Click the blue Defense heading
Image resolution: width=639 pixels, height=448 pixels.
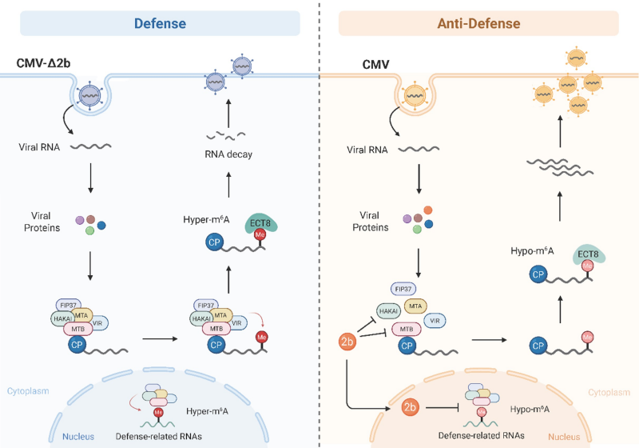tap(160, 23)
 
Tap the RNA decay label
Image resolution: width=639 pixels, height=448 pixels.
tap(228, 154)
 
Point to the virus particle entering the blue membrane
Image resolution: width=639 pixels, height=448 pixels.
tap(93, 96)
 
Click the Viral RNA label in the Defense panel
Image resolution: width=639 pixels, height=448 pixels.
tap(40, 147)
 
